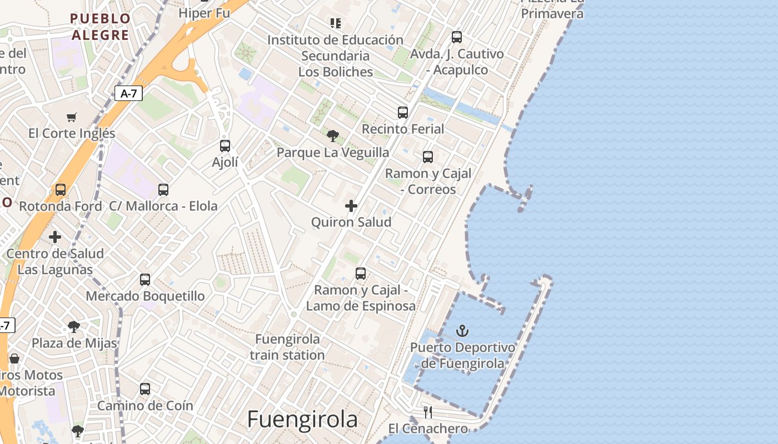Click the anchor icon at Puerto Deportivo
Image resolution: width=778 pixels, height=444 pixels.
click(462, 331)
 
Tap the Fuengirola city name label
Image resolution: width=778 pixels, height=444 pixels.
click(302, 419)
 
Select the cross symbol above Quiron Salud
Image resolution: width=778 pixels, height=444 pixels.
click(351, 206)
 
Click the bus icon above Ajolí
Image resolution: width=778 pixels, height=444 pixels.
click(225, 146)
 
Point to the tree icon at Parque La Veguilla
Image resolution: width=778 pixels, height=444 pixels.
click(333, 135)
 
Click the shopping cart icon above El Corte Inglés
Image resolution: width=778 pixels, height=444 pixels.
click(71, 117)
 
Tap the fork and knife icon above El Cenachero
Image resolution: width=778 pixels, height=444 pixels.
click(428, 412)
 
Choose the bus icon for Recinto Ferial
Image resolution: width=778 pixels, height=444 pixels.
click(403, 113)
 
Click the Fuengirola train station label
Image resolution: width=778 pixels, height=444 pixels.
click(287, 347)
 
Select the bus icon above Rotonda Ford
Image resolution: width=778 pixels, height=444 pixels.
click(61, 190)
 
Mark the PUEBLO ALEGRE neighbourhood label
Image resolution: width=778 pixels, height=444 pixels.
click(101, 27)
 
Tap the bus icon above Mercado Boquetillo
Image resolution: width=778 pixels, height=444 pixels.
click(145, 279)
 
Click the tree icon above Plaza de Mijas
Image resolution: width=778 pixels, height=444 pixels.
click(74, 326)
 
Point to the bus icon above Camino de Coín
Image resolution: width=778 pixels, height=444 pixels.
click(145, 389)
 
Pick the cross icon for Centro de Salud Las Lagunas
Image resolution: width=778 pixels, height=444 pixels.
click(55, 237)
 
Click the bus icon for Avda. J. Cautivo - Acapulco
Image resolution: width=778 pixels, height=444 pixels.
click(457, 37)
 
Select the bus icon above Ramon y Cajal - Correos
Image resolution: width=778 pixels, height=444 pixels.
click(428, 157)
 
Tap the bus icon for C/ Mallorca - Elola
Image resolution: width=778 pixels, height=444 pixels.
click(163, 190)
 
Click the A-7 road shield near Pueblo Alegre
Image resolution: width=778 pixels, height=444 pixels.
click(129, 94)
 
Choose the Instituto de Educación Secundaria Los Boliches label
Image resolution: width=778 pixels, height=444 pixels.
click(336, 56)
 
